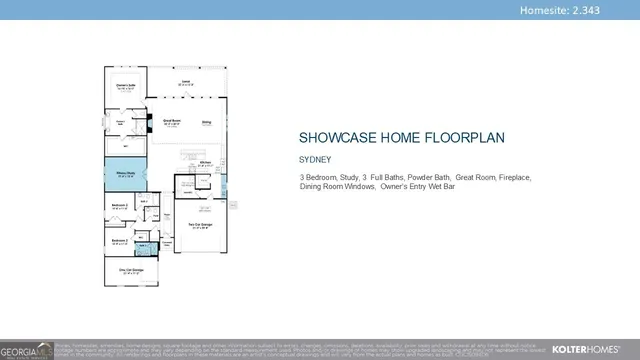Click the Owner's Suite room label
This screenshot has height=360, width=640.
coord(125,86)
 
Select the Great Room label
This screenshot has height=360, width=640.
coord(172,121)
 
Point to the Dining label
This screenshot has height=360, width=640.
coord(207,124)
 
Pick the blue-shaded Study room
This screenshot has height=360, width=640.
coord(125,177)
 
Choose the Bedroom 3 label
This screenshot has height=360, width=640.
coord(119,207)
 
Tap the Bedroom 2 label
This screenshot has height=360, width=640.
coord(119,242)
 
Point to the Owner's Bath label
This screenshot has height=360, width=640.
coord(120,123)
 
